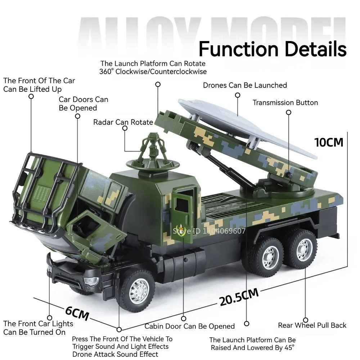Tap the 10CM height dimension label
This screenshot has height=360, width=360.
pyautogui.click(x=329, y=142)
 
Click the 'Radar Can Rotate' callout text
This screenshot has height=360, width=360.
pyautogui.click(x=123, y=122)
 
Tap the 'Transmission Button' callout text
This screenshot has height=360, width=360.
pyautogui.click(x=285, y=103)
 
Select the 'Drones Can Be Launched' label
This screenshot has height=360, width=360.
pyautogui.click(x=245, y=85)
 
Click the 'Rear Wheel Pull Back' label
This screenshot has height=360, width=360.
pyautogui.click(x=312, y=325)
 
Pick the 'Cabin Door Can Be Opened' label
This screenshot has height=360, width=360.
pyautogui.click(x=189, y=327)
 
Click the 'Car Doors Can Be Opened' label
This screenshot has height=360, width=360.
pyautogui.click(x=83, y=104)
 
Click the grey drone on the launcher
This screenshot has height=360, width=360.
pyautogui.click(x=245, y=126)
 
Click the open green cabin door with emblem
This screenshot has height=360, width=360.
pyautogui.click(x=185, y=212)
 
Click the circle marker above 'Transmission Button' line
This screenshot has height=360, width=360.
pyautogui.click(x=288, y=112)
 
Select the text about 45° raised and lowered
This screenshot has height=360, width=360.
pyautogui.click(x=252, y=344)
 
